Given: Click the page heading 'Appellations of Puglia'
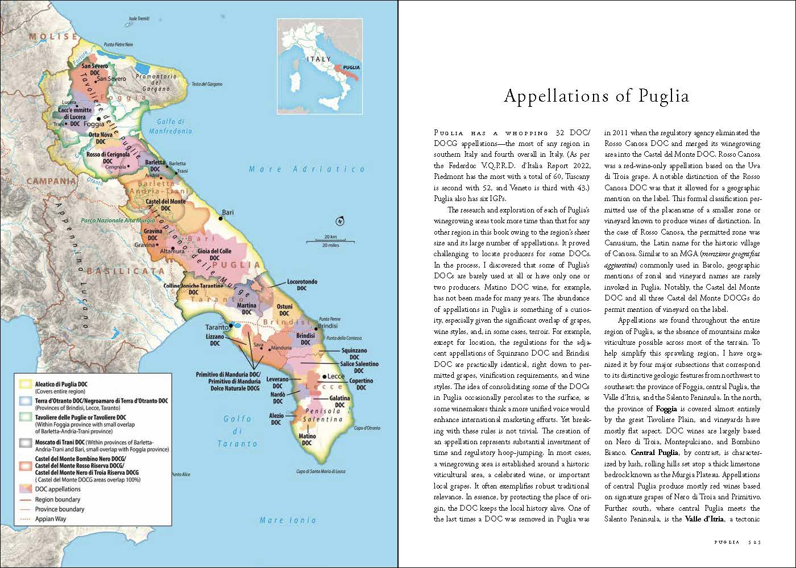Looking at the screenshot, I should point(596,96).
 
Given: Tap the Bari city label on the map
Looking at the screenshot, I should point(227,212).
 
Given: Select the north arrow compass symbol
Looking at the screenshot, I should point(339,222).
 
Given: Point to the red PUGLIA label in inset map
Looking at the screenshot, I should point(351,67).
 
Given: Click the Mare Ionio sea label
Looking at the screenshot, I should point(288,520).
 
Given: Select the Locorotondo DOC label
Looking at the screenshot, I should point(302,285).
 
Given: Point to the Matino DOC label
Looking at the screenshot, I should point(307,440).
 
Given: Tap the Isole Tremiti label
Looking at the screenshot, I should point(139,19).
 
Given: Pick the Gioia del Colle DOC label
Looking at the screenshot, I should point(214,254).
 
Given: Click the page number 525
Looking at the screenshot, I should point(754,542).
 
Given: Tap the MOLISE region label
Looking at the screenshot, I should point(53,36).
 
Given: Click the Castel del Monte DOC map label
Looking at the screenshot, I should point(165,205).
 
